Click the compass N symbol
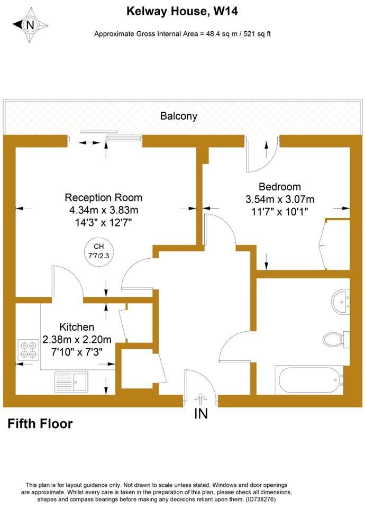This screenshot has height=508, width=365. tap(31, 25)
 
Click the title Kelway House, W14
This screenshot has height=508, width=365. tap(182, 11)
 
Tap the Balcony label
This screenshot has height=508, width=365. tap(179, 116)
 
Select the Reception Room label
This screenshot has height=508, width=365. tap(103, 197)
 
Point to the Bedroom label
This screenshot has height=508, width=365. tap(280, 187)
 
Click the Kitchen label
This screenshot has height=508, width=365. tap(77, 326)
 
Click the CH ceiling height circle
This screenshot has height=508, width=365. tap(99, 251)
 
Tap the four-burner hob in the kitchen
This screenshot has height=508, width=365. tap(29, 350)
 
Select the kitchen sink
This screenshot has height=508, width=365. tap(71, 382)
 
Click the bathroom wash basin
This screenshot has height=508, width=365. tap(340, 301)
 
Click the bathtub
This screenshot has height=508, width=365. tap(309, 380)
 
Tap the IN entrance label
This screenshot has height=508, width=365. tap(201, 413)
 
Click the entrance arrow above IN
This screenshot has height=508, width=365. tap(201, 399)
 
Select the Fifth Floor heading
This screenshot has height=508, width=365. tap(40, 424)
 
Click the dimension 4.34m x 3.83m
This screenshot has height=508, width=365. tap(104, 210)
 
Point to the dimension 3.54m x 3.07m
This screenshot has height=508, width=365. tap(280, 199)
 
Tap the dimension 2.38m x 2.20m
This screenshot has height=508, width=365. tap(77, 339)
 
